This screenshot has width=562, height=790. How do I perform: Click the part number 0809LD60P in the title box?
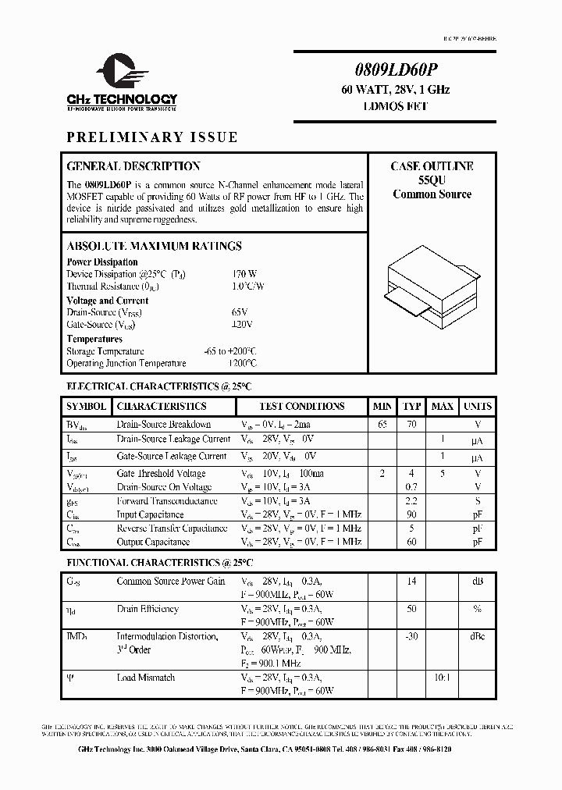tap(395, 68)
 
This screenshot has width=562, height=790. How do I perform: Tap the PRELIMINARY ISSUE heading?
tap(152, 137)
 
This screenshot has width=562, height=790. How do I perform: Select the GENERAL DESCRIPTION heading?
tap(133, 166)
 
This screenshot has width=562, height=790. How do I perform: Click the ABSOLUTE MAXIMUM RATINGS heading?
tap(154, 246)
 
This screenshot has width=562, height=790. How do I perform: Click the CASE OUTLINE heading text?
tap(432, 166)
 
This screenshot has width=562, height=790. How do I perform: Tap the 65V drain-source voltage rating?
tap(240, 311)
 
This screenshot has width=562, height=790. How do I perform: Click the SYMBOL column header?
tap(86, 407)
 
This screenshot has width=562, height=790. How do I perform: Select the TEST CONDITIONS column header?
tap(301, 407)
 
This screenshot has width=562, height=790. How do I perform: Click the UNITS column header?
tap(478, 407)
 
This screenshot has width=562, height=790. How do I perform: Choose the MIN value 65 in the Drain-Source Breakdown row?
tap(382, 425)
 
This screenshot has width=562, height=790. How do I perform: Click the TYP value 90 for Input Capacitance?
tap(411, 514)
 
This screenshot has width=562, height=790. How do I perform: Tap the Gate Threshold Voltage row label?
tap(161, 474)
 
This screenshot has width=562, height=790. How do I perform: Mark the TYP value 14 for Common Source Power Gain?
tap(411, 582)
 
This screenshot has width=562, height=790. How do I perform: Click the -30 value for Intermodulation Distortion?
tap(411, 636)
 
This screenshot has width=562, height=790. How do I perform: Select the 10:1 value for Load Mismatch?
tap(442, 678)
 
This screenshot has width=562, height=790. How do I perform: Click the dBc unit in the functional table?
tap(478, 636)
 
